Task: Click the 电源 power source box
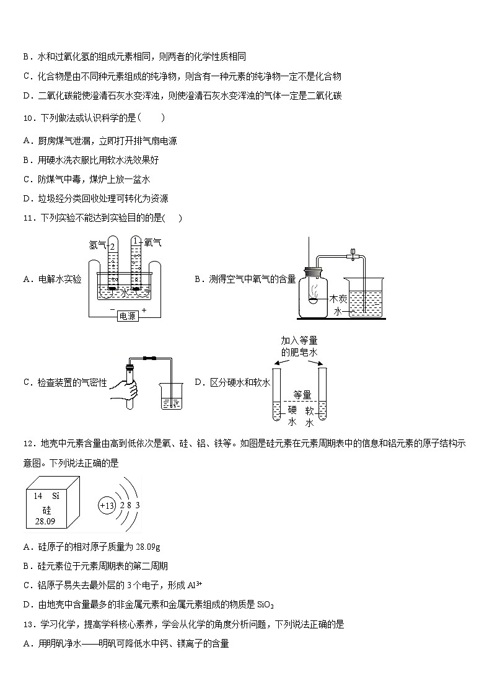pyautogui.click(x=128, y=315)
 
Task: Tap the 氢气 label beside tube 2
pyautogui.click(x=98, y=245)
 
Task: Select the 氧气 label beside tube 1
pyautogui.click(x=152, y=243)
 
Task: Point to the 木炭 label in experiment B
pyautogui.click(x=339, y=299)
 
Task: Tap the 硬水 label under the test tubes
pyautogui.click(x=292, y=415)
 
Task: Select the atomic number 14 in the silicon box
pyautogui.click(x=38, y=496)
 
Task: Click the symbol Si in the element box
pyautogui.click(x=55, y=496)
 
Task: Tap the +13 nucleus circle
pyautogui.click(x=107, y=505)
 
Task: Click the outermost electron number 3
pyautogui.click(x=138, y=505)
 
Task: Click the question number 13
pyautogui.click(x=27, y=624)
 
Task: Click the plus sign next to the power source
pyautogui.click(x=144, y=309)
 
